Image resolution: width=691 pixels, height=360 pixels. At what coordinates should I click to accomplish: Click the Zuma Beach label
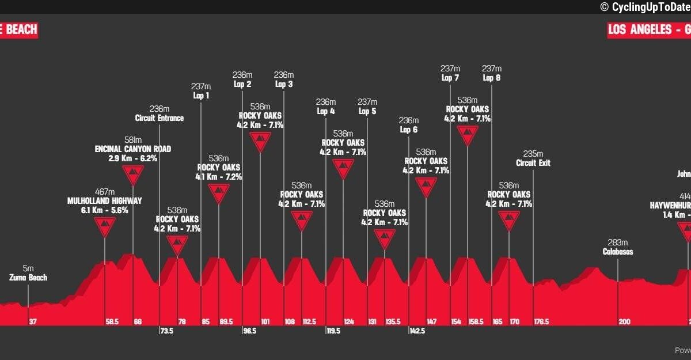pos(28,278)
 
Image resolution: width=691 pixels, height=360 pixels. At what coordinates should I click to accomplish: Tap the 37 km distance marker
pos(33,321)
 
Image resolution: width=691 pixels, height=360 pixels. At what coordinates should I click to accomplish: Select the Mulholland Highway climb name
pos(104,201)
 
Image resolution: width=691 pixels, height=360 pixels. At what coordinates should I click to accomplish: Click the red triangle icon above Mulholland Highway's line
pos(104,226)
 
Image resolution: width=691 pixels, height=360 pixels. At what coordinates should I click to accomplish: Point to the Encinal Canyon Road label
pos(133,149)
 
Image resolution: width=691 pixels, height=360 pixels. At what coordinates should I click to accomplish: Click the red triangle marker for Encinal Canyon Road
pos(133,175)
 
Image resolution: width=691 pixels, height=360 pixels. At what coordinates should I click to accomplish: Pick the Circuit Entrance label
pos(160,118)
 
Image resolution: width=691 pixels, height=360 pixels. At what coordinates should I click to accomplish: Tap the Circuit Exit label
pos(533,163)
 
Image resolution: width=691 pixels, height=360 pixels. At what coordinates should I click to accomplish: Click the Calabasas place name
pos(618,252)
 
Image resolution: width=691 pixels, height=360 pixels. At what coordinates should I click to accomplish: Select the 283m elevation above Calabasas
pos(618,242)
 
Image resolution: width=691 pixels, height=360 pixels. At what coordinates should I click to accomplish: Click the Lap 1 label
pos(200,96)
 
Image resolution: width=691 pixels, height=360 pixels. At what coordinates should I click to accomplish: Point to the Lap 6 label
pos(408,130)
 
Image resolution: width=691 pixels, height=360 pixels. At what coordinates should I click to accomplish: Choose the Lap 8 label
pos(492,78)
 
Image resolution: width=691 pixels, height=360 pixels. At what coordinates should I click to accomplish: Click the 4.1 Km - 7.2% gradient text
pos(219,177)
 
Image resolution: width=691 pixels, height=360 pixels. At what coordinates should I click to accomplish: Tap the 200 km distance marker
pos(625,321)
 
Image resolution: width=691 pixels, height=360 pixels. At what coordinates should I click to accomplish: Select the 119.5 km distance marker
pos(333,331)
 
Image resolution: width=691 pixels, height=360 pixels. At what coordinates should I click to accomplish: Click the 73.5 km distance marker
pos(166,331)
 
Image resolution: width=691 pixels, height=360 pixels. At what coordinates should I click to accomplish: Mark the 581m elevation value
pos(133,140)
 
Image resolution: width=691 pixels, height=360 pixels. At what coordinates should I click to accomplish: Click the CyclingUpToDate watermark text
pos(645,7)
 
